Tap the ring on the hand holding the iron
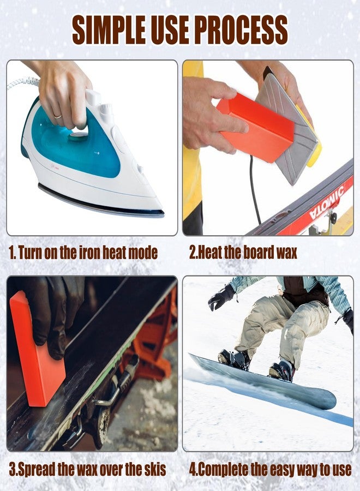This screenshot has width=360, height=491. point(58,117)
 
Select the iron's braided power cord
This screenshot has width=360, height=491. point(23,83)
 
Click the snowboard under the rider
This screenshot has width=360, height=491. point(263,382)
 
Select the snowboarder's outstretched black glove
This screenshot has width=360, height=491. point(221,297)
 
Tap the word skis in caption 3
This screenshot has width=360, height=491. point(153,469)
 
